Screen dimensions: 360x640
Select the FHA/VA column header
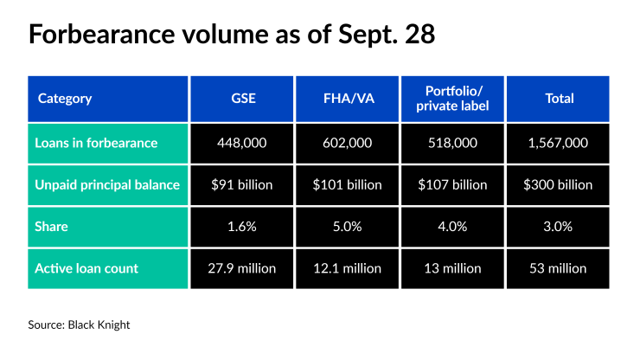[x=348, y=99]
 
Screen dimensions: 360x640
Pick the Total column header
[x=559, y=99]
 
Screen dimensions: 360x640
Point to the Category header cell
[x=108, y=99]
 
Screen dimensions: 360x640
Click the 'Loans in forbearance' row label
[x=108, y=143]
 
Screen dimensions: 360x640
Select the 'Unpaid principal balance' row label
[x=108, y=184]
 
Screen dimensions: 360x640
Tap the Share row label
[x=108, y=226]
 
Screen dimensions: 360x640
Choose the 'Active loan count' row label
[x=108, y=268]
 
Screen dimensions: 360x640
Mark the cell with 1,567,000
[x=559, y=143]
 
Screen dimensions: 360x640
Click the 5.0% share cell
[x=348, y=226]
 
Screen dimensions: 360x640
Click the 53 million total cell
[x=559, y=268]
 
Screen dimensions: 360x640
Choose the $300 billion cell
[x=559, y=184]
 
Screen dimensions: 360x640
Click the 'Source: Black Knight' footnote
[x=80, y=325]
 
